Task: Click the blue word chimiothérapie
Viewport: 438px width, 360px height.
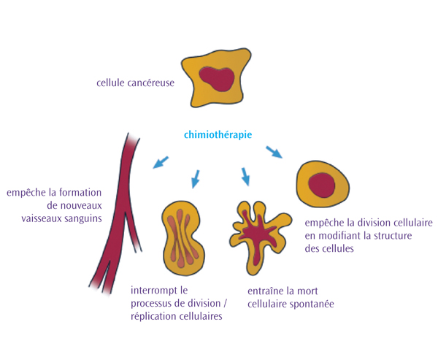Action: pos(218,134)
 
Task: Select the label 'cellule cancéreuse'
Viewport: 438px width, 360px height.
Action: pos(135,83)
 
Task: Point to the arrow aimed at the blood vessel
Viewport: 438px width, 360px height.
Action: pos(161,161)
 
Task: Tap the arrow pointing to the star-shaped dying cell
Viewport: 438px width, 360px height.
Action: pos(246,176)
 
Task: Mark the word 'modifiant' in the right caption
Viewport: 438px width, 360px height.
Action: pos(339,235)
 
